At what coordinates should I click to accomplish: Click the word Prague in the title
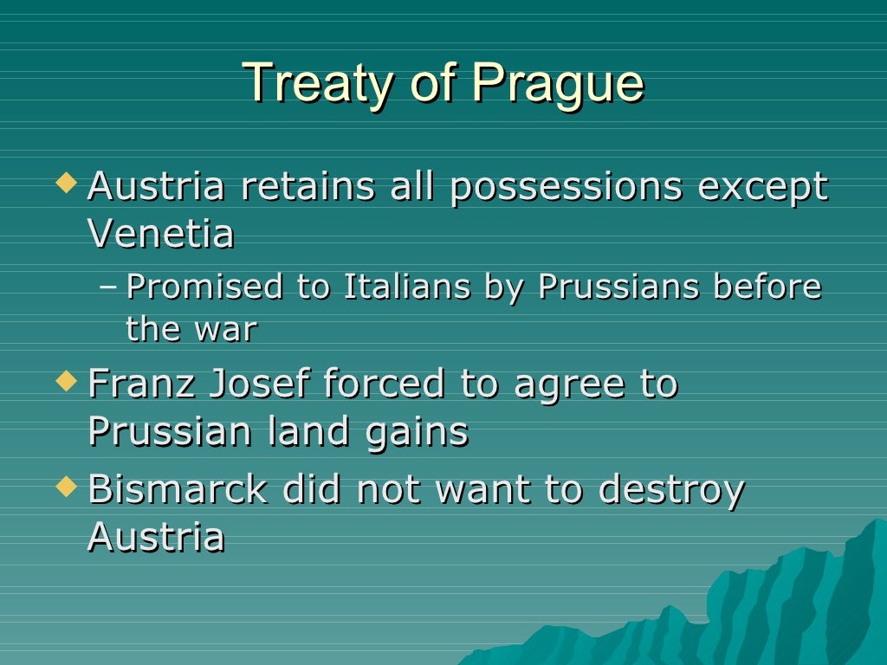[x=558, y=84]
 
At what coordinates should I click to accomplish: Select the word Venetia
[x=161, y=234]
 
